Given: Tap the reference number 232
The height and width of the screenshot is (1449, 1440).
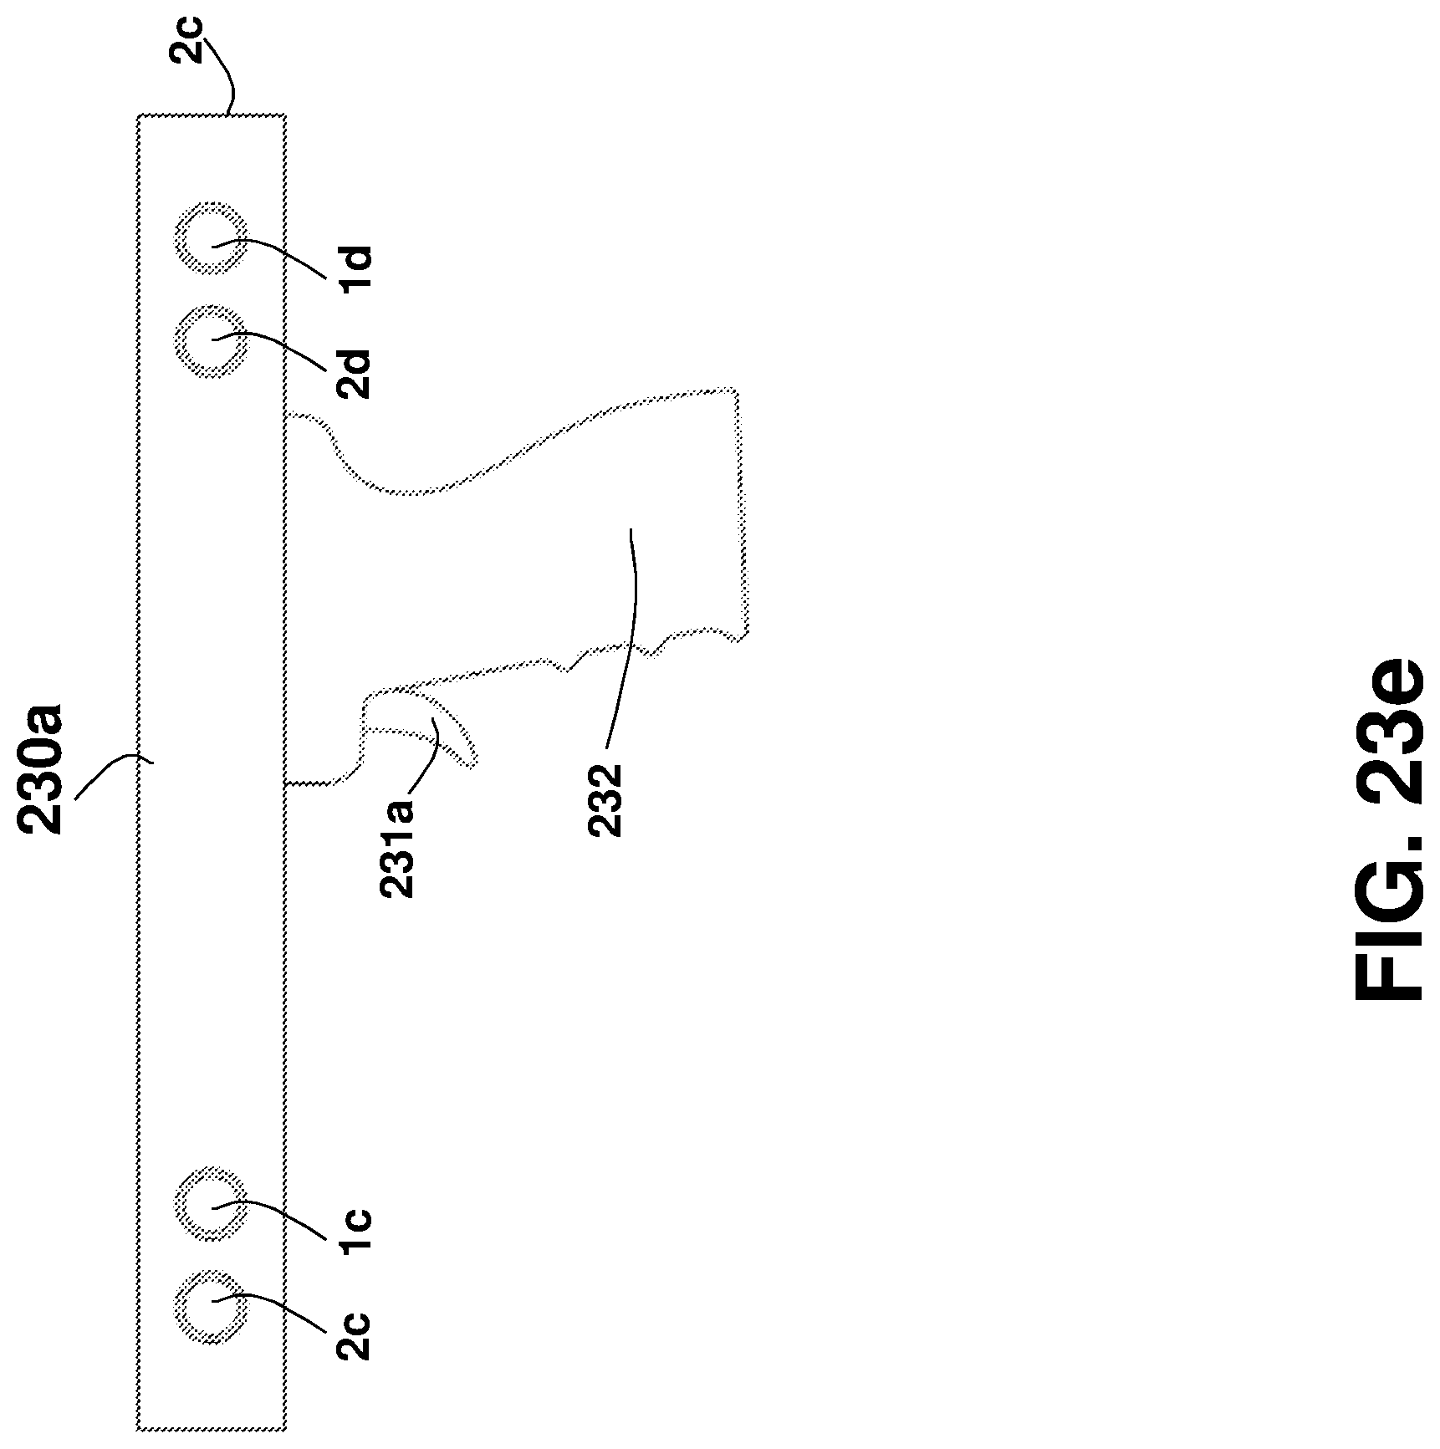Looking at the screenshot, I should pos(605,798).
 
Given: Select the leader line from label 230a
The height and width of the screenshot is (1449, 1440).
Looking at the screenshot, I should pos(109,773).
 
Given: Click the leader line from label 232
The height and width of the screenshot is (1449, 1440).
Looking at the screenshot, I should pos(631,635).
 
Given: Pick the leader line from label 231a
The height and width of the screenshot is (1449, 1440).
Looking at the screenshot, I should pos(426,757).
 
